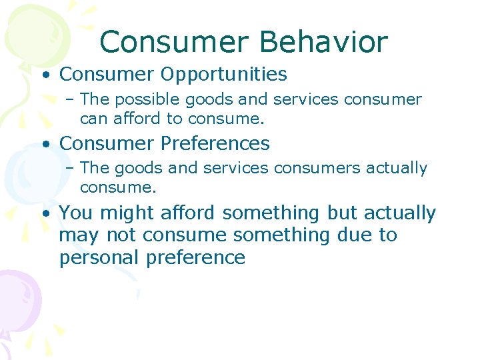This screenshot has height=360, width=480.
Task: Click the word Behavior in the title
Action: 325,42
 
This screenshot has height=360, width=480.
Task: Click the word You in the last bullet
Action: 73,213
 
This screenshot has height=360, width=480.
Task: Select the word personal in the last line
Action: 100,258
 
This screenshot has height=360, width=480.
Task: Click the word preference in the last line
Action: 196,258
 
